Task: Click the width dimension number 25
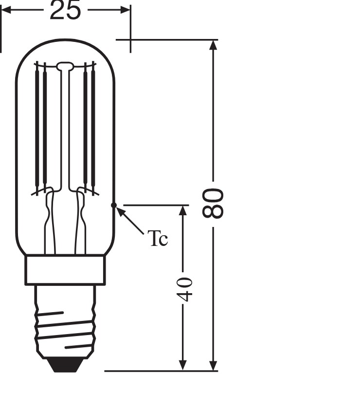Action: [x=65, y=10]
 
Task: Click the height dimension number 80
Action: [x=213, y=203]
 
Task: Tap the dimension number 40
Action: [x=185, y=289]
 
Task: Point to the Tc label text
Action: [x=158, y=238]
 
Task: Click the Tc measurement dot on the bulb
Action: [x=114, y=206]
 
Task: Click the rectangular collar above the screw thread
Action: [x=65, y=270]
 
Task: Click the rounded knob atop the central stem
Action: [x=65, y=66]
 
